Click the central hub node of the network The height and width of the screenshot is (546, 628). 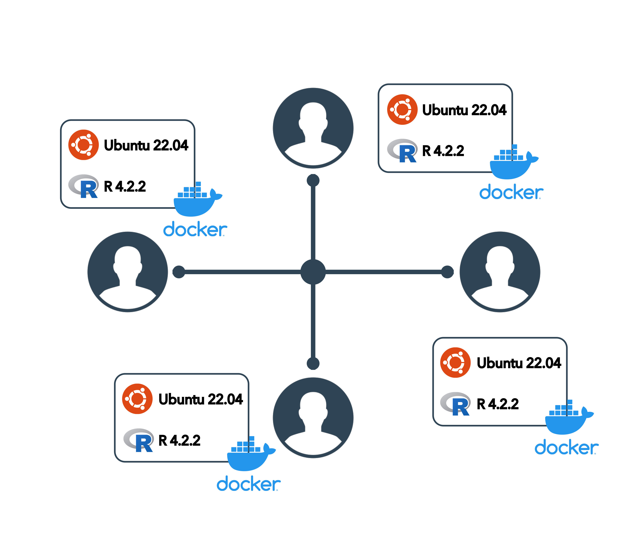tap(313, 272)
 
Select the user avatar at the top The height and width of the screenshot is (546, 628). tap(313, 128)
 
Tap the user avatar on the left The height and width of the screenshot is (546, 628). tap(127, 272)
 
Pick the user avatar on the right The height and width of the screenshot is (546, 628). tap(500, 272)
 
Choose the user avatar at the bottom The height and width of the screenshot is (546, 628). tap(313, 417)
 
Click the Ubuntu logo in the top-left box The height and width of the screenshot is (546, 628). tap(84, 145)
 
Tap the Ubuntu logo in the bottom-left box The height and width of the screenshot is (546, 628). tap(137, 399)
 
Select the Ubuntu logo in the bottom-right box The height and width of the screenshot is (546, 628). tap(455, 362)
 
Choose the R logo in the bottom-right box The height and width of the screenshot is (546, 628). tap(455, 404)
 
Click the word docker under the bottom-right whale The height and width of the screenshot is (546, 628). tap(566, 448)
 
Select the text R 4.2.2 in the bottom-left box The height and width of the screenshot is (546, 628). tap(179, 440)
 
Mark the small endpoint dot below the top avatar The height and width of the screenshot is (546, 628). tap(313, 180)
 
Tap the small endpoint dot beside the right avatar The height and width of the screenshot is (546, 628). tap(447, 272)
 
